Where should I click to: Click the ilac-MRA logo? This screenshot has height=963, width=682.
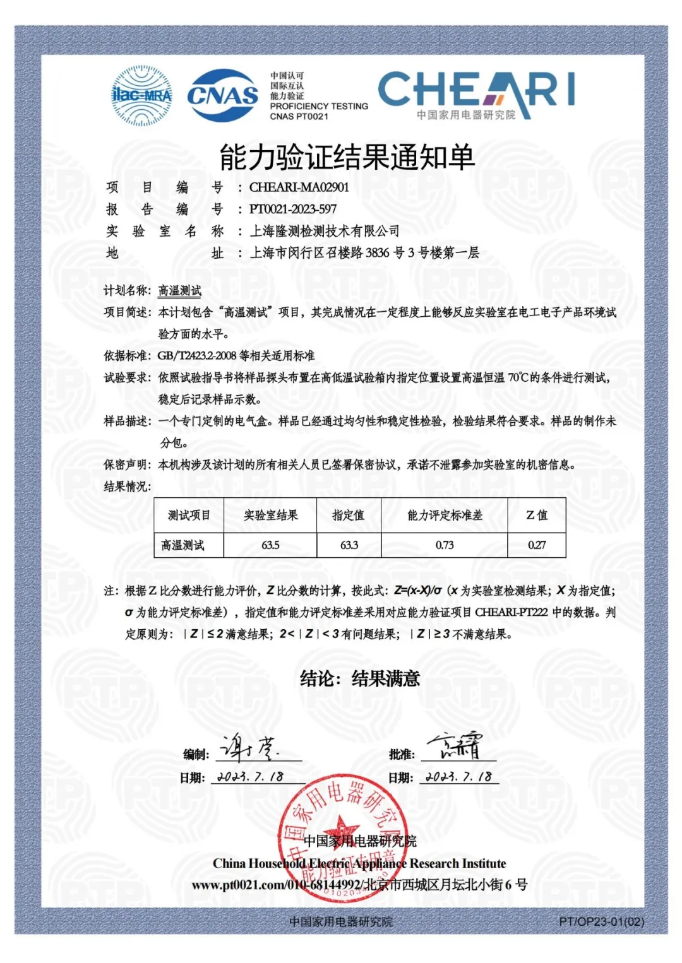pyautogui.click(x=141, y=95)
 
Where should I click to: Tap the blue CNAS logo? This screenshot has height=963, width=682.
pyautogui.click(x=222, y=95)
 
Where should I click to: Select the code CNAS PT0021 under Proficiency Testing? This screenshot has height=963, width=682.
pyautogui.click(x=299, y=117)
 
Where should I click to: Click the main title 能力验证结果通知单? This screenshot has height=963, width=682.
pyautogui.click(x=347, y=157)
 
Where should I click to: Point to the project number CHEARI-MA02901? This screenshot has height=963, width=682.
pyautogui.click(x=299, y=187)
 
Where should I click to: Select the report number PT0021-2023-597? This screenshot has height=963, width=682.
pyautogui.click(x=293, y=210)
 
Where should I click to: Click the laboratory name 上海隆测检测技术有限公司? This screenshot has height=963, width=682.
pyautogui.click(x=325, y=232)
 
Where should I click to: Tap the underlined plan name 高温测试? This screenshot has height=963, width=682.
pyautogui.click(x=180, y=291)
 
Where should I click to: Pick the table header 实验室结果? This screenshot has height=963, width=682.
pyautogui.click(x=271, y=516)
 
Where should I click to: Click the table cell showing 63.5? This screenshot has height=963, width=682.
pyautogui.click(x=271, y=545)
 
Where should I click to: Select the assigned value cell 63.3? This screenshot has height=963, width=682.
pyautogui.click(x=349, y=545)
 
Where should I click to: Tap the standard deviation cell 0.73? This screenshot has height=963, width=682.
pyautogui.click(x=445, y=545)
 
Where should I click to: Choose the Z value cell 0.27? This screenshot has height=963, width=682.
pyautogui.click(x=537, y=545)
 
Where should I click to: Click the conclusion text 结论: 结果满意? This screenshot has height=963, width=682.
pyautogui.click(x=360, y=679)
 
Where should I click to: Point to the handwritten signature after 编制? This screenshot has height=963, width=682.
pyautogui.click(x=249, y=748)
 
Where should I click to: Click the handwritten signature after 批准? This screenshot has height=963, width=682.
pyautogui.click(x=455, y=747)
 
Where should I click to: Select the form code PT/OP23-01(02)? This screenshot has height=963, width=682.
pyautogui.click(x=601, y=922)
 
